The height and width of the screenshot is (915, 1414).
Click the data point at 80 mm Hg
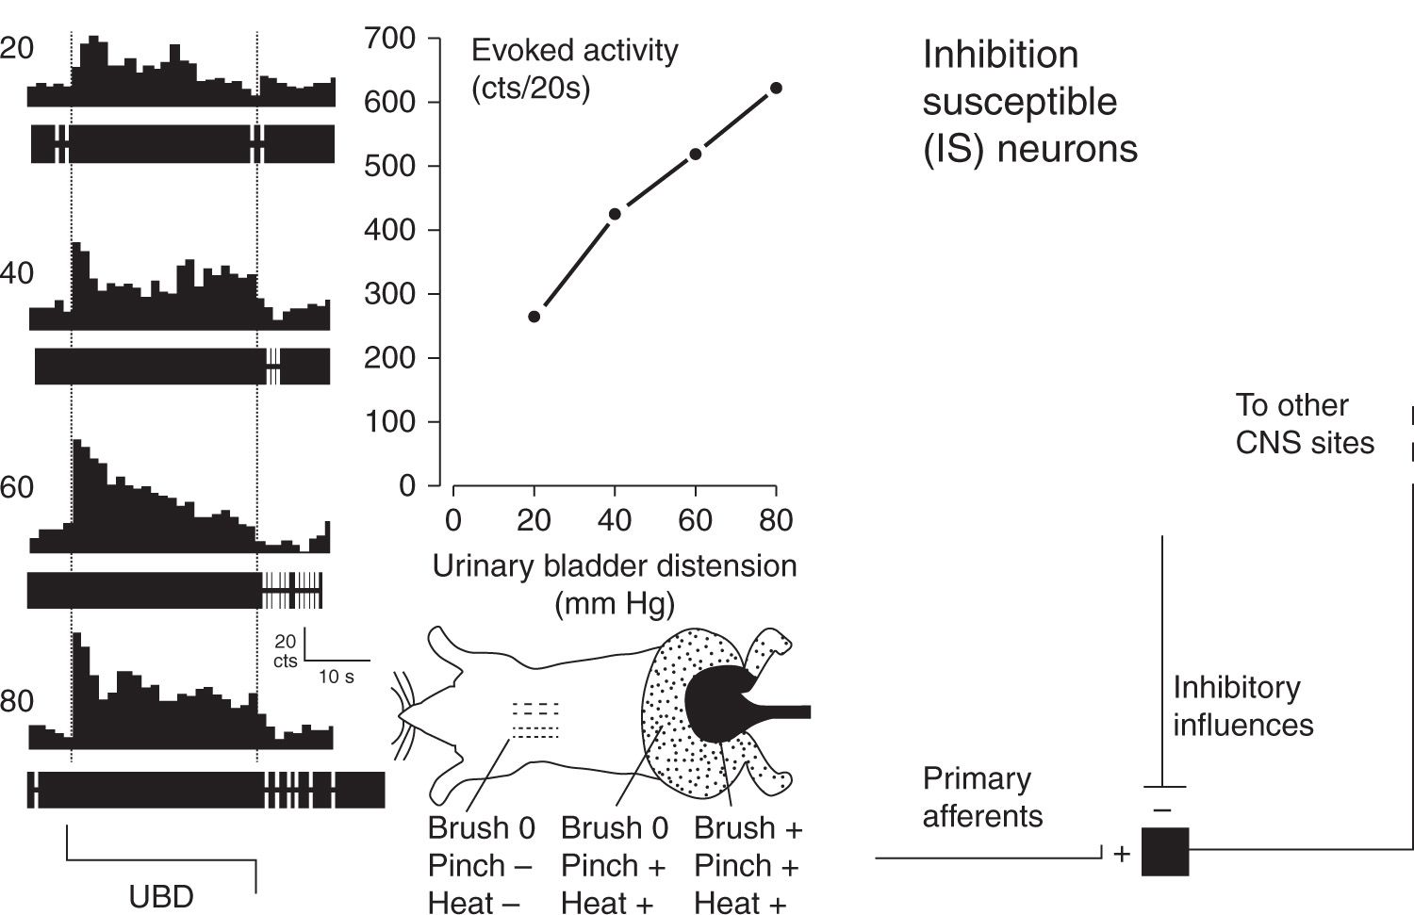(776, 88)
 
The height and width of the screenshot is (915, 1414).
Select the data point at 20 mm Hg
(534, 317)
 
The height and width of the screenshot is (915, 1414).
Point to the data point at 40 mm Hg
(615, 214)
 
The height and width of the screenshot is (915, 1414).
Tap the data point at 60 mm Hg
(696, 154)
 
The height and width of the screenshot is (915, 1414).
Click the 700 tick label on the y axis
(389, 39)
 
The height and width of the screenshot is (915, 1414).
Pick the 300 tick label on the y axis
(389, 294)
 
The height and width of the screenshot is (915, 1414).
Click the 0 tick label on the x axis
(453, 520)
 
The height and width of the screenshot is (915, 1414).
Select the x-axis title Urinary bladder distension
(615, 566)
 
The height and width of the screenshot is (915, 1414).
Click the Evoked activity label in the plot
(574, 50)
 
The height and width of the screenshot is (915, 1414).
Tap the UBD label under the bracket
(161, 896)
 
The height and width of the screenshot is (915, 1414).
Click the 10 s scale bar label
(336, 677)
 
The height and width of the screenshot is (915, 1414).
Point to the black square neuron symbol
(1165, 851)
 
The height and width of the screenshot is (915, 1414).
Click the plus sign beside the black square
(1122, 854)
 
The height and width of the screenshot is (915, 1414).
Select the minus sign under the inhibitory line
(1162, 809)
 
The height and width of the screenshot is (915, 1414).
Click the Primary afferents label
(981, 797)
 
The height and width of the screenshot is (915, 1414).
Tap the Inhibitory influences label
(1242, 706)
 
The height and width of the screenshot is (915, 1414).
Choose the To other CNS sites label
(1305, 424)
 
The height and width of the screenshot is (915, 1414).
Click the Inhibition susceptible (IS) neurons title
(1029, 101)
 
